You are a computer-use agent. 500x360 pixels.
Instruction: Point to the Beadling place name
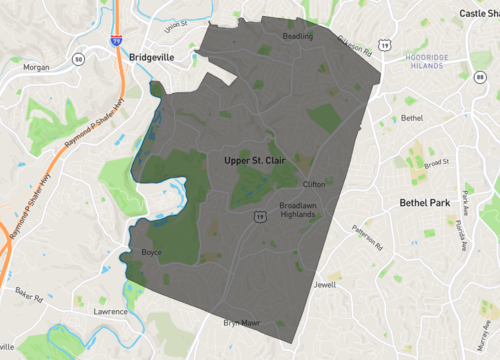pos(298,36)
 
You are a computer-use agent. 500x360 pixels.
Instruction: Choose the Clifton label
pos(313,185)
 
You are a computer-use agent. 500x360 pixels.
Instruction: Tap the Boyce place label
pos(151,252)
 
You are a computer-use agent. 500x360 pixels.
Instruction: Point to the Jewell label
pos(324,284)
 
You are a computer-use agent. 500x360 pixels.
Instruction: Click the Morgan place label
pos(36,68)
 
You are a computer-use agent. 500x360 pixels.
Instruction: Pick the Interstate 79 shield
pos(116,42)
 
